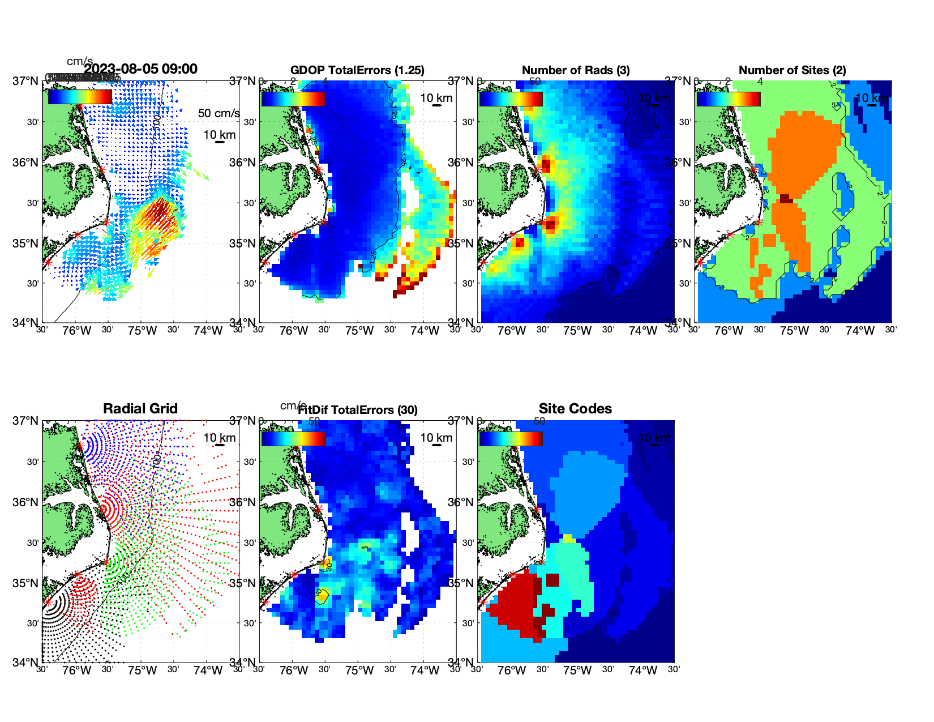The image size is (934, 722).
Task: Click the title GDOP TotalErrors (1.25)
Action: (357, 70)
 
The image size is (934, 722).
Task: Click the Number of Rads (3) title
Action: (576, 70)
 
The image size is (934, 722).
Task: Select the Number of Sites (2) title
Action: (792, 70)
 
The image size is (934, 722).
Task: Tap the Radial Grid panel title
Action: (140, 409)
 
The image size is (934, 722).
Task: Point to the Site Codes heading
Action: (575, 409)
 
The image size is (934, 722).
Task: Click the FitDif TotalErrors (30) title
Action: (358, 410)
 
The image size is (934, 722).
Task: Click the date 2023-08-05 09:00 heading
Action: (141, 69)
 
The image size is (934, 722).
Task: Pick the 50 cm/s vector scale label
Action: (218, 113)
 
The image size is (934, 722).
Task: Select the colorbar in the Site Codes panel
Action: (511, 438)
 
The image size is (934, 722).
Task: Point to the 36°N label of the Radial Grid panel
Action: (26, 502)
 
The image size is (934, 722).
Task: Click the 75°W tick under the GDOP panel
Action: (359, 331)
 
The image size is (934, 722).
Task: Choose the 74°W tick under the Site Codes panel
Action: (642, 670)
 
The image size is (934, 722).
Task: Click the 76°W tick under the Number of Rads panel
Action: (511, 331)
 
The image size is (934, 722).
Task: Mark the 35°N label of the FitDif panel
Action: (243, 583)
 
